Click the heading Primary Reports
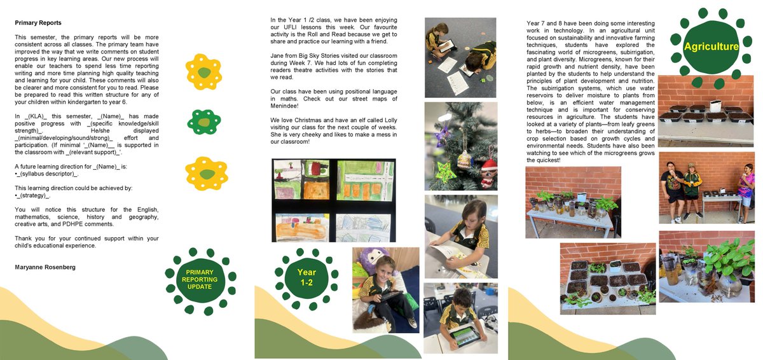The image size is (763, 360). [x=38, y=22]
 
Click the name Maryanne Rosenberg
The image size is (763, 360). [x=45, y=267]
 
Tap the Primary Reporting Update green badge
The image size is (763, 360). [x=200, y=279]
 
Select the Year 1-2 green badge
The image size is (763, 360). [x=306, y=277]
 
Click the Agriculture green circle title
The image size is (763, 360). [x=711, y=46]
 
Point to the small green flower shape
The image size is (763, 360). [x=203, y=120]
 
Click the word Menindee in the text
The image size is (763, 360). [x=284, y=106]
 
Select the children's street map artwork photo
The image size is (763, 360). [x=333, y=200]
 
